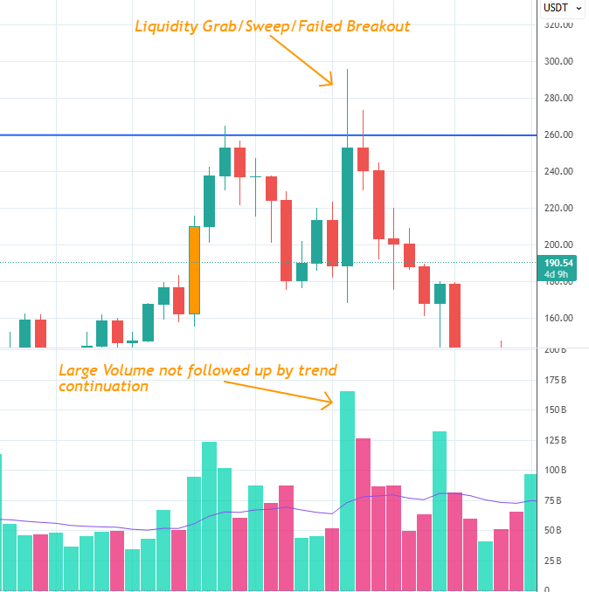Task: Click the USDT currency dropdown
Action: click(562, 8)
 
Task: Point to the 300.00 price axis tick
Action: click(558, 62)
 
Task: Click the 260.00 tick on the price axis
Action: click(558, 135)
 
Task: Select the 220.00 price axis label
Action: click(558, 208)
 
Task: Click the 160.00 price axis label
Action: click(558, 318)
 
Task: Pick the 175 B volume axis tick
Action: click(556, 380)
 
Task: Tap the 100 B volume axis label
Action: click(556, 470)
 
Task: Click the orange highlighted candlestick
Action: click(194, 270)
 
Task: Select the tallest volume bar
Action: click(347, 489)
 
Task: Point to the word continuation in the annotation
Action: click(103, 385)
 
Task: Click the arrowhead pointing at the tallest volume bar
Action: click(329, 402)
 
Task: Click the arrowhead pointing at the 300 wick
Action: click(329, 82)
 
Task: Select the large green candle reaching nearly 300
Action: click(347, 206)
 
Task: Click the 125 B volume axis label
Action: click(556, 440)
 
